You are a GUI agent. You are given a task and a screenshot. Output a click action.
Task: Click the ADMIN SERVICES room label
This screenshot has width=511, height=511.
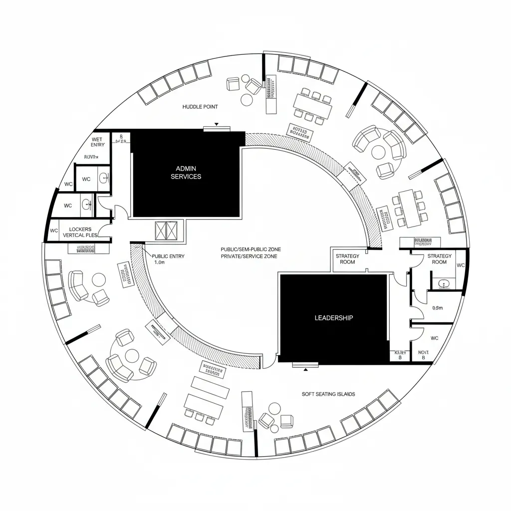tap(186, 172)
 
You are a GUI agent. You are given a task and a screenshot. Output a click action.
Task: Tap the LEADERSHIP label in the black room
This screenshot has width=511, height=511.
tap(334, 317)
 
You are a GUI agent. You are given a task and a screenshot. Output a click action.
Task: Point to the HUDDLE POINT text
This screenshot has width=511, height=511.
tap(200, 107)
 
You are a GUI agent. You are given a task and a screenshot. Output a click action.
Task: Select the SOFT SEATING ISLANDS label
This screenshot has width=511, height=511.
tap(328, 394)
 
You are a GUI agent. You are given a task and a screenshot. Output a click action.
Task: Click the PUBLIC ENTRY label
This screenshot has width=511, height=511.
tap(168, 256)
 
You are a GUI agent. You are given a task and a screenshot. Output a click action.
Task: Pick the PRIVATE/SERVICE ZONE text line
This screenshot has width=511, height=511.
tap(249, 256)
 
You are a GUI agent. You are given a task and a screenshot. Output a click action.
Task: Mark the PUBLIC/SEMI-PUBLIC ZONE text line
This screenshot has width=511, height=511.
tap(249, 249)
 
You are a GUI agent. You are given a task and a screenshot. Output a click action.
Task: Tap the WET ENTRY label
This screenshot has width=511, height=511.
tap(98, 142)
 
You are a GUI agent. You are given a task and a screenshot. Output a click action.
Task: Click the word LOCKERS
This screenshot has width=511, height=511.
tap(80, 229)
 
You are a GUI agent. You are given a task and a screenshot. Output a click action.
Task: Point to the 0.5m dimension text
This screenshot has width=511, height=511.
tap(437, 308)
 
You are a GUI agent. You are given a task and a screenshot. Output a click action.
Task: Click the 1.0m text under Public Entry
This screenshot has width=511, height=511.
tap(160, 262)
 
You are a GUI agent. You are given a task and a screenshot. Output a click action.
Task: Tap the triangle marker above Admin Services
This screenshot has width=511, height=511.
tap(216, 124)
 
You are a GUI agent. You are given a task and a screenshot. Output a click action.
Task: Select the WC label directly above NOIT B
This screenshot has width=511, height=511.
tap(434, 338)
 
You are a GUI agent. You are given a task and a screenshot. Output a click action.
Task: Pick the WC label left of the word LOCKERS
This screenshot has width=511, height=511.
tap(54, 231)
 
